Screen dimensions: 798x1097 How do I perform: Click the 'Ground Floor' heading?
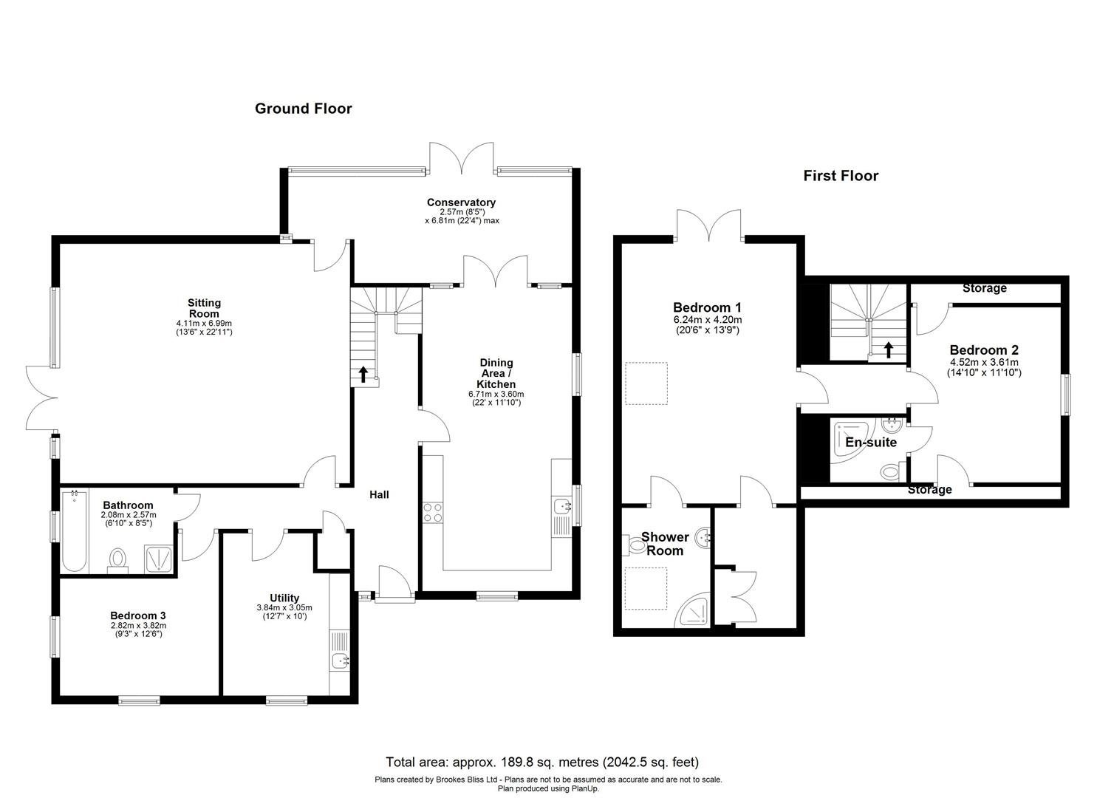[x=303, y=109]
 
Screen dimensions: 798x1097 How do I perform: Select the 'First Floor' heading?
[x=841, y=176]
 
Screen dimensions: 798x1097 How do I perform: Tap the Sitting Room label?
[x=204, y=308]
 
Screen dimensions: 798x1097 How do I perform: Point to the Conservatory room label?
[x=461, y=202]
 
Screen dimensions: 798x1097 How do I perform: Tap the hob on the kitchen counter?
[x=432, y=512]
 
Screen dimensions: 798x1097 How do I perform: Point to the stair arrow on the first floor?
[x=889, y=349]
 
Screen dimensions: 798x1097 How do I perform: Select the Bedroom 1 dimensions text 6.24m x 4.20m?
[x=706, y=320]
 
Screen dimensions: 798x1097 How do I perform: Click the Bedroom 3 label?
[x=138, y=615]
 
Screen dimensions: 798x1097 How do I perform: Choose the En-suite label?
[x=871, y=443]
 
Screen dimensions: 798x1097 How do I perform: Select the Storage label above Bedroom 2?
[x=984, y=288]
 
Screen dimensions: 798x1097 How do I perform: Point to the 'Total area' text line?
[x=542, y=762]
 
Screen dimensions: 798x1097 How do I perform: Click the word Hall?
[x=379, y=494]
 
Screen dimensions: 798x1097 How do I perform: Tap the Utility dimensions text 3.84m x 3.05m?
[x=284, y=607]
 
